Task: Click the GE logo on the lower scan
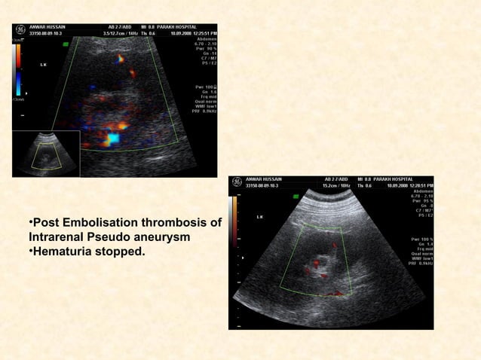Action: click(235, 182)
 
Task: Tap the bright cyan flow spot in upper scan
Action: click(112, 138)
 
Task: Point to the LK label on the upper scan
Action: click(42, 66)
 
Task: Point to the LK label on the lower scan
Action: click(259, 216)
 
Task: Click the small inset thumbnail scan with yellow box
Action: click(46, 154)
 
